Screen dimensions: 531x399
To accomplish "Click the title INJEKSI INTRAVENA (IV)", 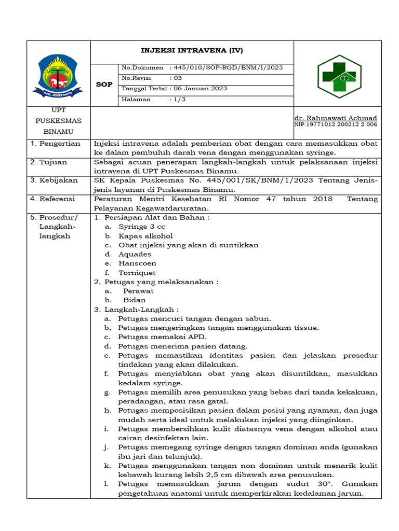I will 192,50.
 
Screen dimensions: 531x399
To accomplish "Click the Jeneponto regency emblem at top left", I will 58,75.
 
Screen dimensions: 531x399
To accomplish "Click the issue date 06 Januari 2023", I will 200,89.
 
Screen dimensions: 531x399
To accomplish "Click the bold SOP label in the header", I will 104,84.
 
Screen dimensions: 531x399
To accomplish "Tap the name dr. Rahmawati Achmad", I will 336,118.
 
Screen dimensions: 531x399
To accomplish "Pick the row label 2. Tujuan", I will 49,162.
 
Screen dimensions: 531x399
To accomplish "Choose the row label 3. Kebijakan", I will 54,180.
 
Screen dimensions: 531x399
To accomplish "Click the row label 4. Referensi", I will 54,199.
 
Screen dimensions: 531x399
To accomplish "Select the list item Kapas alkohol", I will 145,236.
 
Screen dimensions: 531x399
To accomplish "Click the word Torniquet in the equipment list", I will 137,273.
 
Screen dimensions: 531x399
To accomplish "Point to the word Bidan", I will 135,300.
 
